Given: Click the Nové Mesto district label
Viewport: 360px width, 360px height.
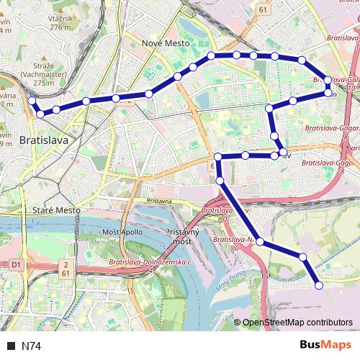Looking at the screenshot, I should tap(166, 43).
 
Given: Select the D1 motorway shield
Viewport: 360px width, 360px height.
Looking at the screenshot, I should tap(15, 265).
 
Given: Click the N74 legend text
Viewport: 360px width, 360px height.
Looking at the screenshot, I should tap(32, 346).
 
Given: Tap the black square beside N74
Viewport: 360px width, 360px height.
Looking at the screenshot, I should tap(11, 346).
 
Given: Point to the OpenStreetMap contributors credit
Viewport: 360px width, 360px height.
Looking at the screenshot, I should tap(297, 323).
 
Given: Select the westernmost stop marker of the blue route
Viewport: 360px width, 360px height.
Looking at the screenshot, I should tap(32, 101).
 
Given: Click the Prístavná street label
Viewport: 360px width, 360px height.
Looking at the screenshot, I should tap(158, 202).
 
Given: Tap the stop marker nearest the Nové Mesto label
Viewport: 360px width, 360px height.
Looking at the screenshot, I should tap(177, 76).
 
